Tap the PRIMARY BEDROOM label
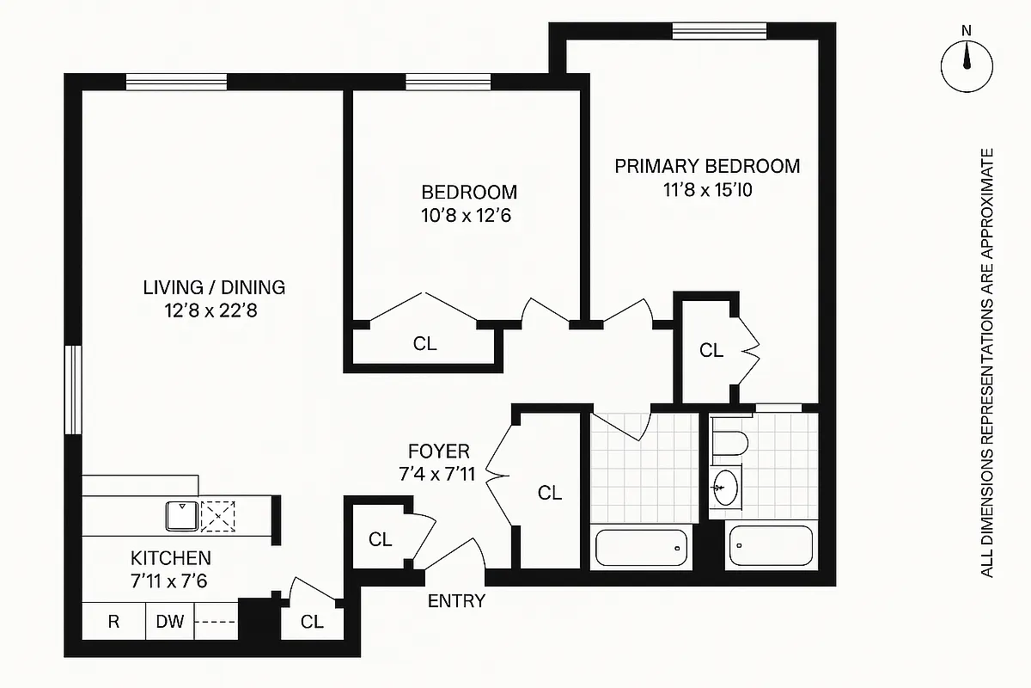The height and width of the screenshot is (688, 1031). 706,166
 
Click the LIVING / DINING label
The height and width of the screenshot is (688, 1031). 214,287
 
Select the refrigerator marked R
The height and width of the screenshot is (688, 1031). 113,622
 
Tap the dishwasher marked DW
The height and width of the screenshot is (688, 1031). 169,622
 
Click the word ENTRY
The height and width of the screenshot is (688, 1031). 456,601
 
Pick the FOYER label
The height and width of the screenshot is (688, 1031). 438,451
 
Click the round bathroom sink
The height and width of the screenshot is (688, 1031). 724,488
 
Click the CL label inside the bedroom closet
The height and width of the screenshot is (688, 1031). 424,344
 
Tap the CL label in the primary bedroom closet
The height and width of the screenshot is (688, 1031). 711,350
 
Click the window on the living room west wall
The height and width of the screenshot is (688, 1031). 74,390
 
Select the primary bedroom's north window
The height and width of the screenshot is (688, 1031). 719,30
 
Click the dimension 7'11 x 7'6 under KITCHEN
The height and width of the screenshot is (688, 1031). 170,580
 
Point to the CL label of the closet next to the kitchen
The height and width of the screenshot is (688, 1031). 313,622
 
